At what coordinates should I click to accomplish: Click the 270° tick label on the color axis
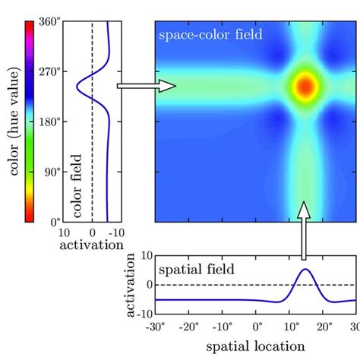click(x=49, y=72)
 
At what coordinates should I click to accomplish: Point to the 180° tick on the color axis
click(x=49, y=122)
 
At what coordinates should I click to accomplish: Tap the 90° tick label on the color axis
click(x=50, y=172)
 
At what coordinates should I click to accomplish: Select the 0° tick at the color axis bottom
click(x=52, y=221)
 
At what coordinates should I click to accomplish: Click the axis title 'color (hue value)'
click(x=11, y=122)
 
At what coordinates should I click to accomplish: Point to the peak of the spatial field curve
click(x=305, y=270)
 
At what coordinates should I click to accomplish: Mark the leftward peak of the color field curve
click(x=77, y=87)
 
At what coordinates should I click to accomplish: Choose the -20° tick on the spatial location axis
click(x=190, y=327)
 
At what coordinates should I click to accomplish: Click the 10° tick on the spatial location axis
click(x=291, y=327)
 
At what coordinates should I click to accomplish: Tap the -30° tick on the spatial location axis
click(x=157, y=327)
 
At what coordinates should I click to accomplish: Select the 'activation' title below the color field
click(x=93, y=245)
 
